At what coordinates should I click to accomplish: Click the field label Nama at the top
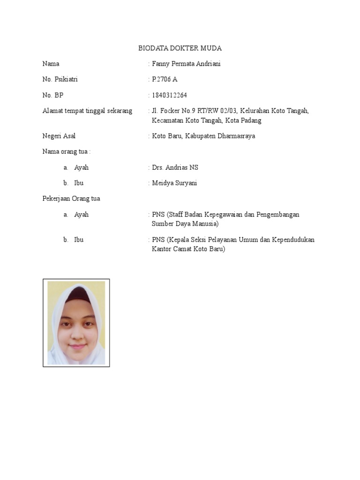(51, 64)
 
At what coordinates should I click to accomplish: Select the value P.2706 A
(165, 79)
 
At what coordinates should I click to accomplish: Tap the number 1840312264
(169, 95)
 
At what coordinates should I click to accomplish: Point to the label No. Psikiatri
(60, 79)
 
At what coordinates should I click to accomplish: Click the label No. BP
(52, 95)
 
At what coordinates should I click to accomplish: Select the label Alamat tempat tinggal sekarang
(87, 111)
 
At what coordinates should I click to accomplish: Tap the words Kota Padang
(243, 120)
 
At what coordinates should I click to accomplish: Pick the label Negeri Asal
(59, 136)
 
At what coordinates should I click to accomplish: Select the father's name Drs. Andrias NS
(172, 167)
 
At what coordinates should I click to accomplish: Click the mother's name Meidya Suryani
(174, 183)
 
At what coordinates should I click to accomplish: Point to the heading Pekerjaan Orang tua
(71, 198)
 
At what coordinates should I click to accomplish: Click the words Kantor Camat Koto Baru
(188, 249)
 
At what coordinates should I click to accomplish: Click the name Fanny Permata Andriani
(186, 64)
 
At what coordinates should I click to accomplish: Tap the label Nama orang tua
(66, 151)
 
